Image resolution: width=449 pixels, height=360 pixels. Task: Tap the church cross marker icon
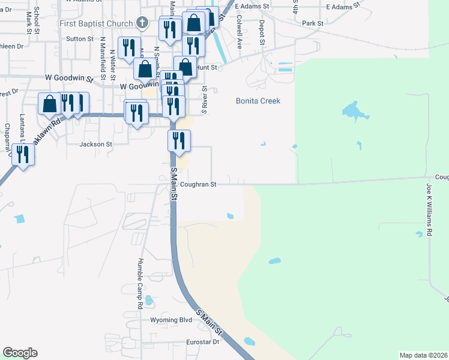click(142, 23)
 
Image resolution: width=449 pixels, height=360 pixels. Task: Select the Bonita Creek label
click(258, 101)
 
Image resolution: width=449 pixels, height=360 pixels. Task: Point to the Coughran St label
click(197, 185)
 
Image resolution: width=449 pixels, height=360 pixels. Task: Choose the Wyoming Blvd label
click(170, 320)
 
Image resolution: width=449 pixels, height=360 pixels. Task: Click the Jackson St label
click(96, 144)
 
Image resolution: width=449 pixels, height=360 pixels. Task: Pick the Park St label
click(313, 23)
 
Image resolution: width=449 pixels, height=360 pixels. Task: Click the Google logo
click(20, 353)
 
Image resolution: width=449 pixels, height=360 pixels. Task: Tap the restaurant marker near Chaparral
click(23, 154)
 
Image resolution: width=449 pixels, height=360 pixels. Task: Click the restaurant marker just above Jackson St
click(179, 141)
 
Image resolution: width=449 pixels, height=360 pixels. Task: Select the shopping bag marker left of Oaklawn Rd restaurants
click(49, 103)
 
